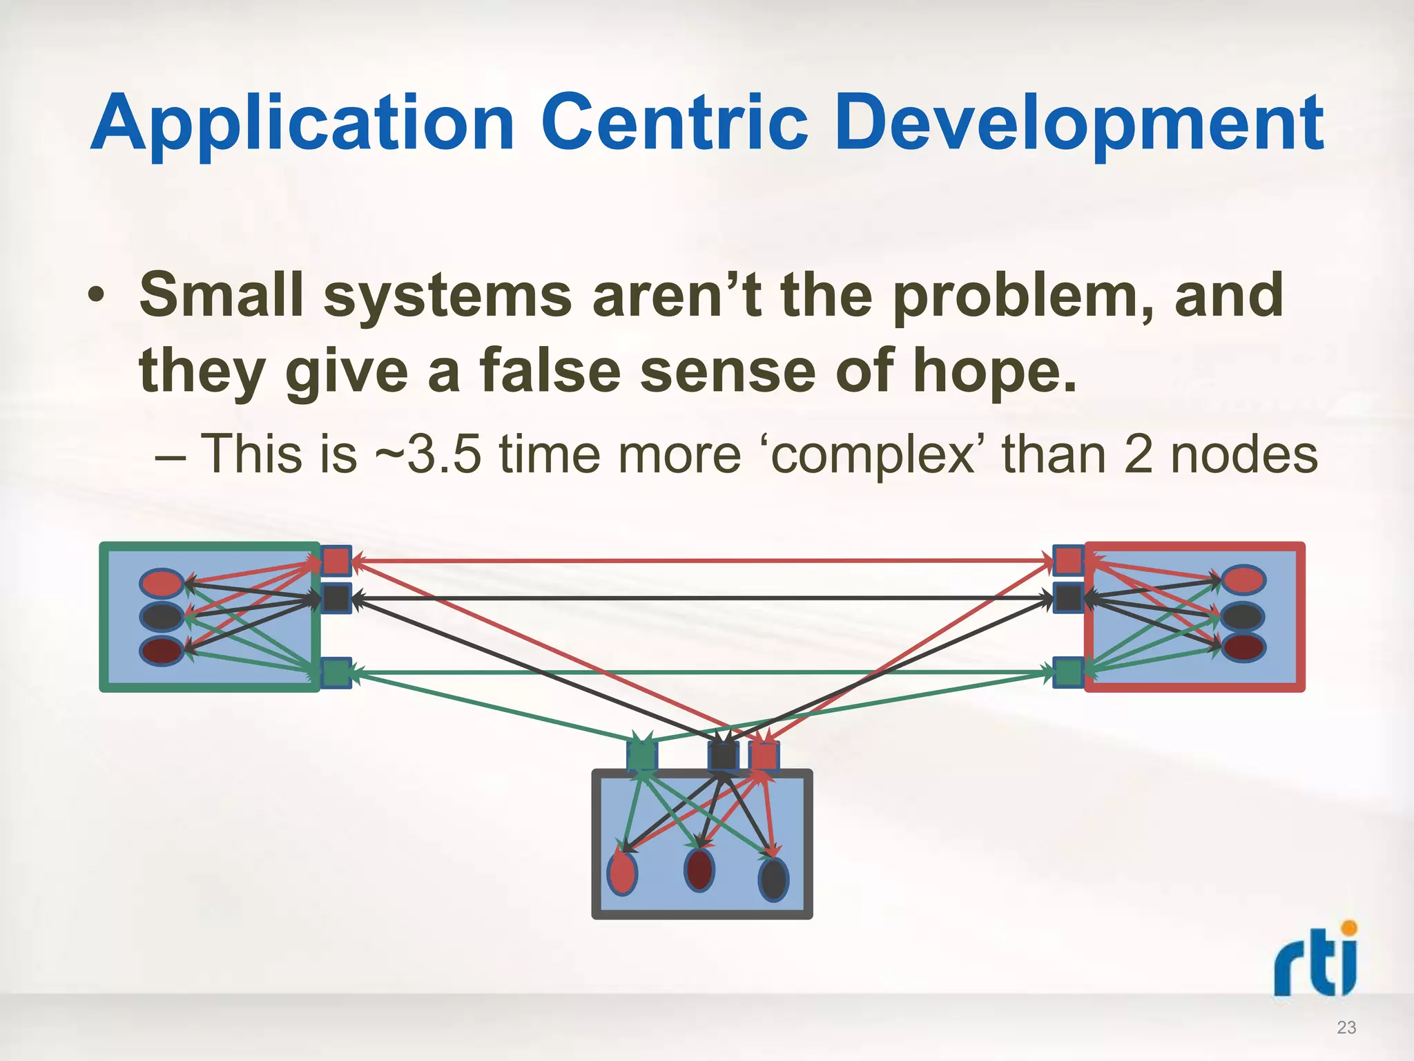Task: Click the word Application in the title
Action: (302, 124)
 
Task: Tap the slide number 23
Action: (1346, 1028)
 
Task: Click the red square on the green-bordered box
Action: (336, 560)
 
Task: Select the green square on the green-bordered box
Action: (336, 672)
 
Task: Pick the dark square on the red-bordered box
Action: (1068, 598)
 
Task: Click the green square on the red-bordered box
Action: (1068, 672)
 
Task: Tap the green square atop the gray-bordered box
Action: (641, 756)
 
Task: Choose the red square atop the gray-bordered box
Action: (764, 756)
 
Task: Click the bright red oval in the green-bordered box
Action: (162, 583)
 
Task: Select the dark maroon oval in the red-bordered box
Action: (1243, 647)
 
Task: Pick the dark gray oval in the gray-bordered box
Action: (773, 879)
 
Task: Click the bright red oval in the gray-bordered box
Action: (622, 873)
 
